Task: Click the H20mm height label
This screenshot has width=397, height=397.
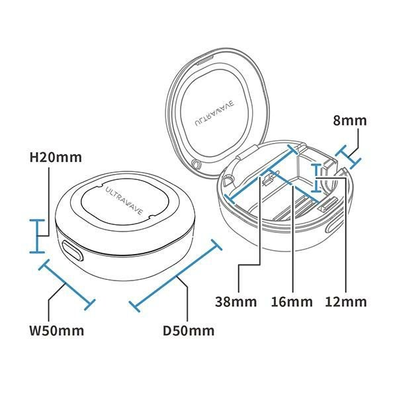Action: [56, 157]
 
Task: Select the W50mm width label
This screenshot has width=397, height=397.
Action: [56, 331]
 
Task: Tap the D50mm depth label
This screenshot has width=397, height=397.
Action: [189, 331]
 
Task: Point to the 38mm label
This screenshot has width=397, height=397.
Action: [236, 302]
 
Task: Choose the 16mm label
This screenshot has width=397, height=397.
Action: [292, 302]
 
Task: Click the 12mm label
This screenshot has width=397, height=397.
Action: [346, 302]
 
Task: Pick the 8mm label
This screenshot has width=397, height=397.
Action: [349, 120]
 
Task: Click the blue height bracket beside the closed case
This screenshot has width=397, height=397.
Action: [37, 236]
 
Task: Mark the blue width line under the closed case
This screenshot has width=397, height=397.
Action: [67, 285]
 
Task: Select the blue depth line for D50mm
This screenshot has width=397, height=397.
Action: [175, 275]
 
